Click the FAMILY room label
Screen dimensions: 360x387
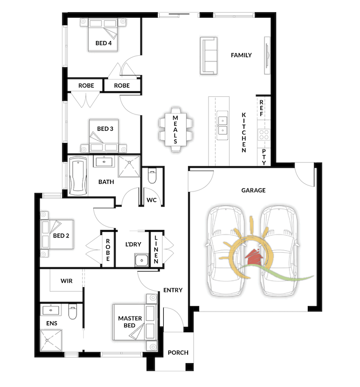click(x=241, y=55)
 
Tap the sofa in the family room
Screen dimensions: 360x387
click(x=208, y=56)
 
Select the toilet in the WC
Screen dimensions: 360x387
click(x=152, y=175)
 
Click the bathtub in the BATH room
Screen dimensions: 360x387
click(x=78, y=176)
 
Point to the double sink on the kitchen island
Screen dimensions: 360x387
click(x=223, y=125)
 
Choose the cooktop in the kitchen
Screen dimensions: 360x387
click(x=264, y=135)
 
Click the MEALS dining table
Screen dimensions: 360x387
click(x=175, y=129)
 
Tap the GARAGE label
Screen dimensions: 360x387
click(x=253, y=190)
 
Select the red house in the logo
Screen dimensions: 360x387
click(x=253, y=257)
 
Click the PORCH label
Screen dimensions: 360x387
click(x=178, y=353)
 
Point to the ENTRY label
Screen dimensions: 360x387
click(x=173, y=290)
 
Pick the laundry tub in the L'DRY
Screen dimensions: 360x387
click(x=142, y=260)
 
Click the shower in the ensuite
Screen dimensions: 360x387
click(x=51, y=340)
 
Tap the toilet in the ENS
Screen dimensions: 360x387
click(x=73, y=311)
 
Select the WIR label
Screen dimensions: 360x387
click(x=66, y=281)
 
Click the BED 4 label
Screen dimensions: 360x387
click(x=103, y=43)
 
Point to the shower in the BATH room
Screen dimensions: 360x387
click(x=129, y=166)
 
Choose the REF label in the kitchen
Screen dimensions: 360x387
click(x=261, y=108)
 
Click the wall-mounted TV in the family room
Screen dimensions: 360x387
click(x=267, y=55)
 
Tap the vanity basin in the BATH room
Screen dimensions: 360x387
click(x=104, y=162)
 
